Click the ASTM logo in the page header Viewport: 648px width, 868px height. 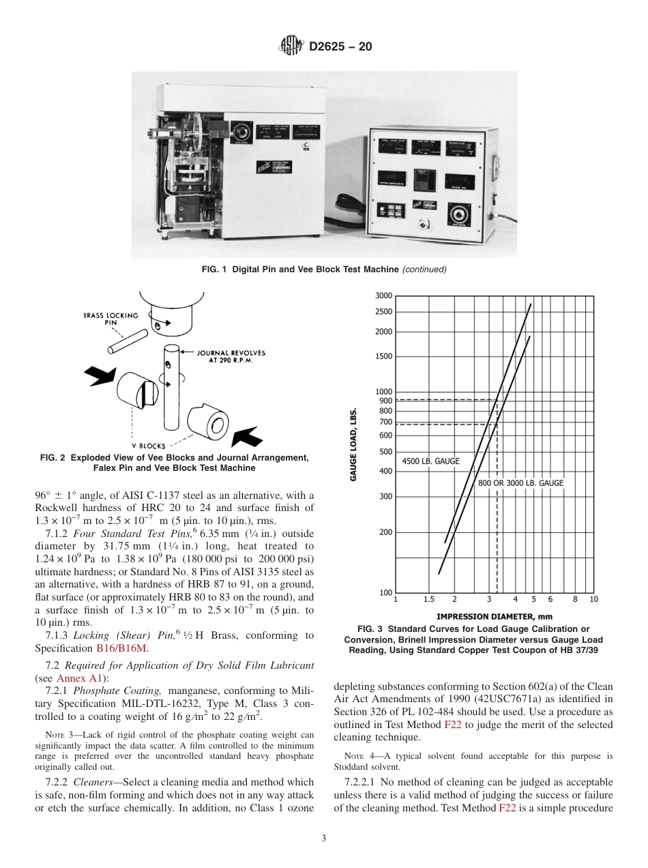click(x=291, y=47)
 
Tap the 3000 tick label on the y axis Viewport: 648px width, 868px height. click(x=383, y=296)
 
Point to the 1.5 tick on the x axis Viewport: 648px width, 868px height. click(x=428, y=599)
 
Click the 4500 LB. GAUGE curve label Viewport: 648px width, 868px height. click(x=430, y=461)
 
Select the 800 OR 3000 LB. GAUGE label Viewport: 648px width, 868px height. click(x=520, y=483)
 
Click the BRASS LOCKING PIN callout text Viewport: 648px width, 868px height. click(x=111, y=319)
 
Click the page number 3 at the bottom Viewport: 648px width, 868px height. click(x=323, y=838)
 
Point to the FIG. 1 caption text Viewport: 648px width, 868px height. click(x=324, y=270)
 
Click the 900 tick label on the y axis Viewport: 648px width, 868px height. click(x=386, y=401)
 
